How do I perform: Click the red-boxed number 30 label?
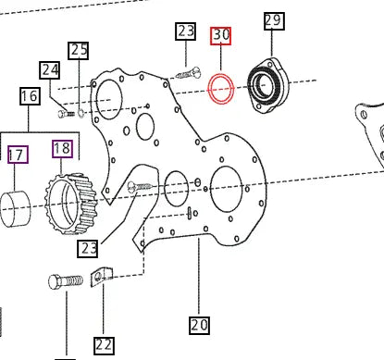(221, 36)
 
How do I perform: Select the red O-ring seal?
(221, 90)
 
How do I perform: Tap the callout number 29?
(273, 20)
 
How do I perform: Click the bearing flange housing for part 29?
(267, 85)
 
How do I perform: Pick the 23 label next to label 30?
(186, 32)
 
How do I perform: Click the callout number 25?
(80, 50)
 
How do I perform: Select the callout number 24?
(49, 69)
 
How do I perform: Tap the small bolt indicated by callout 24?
(68, 113)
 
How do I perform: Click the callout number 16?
(29, 95)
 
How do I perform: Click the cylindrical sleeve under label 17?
(20, 208)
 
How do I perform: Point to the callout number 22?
(104, 345)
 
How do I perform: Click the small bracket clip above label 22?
(100, 277)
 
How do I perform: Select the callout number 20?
(199, 325)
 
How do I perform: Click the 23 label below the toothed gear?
(89, 248)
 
